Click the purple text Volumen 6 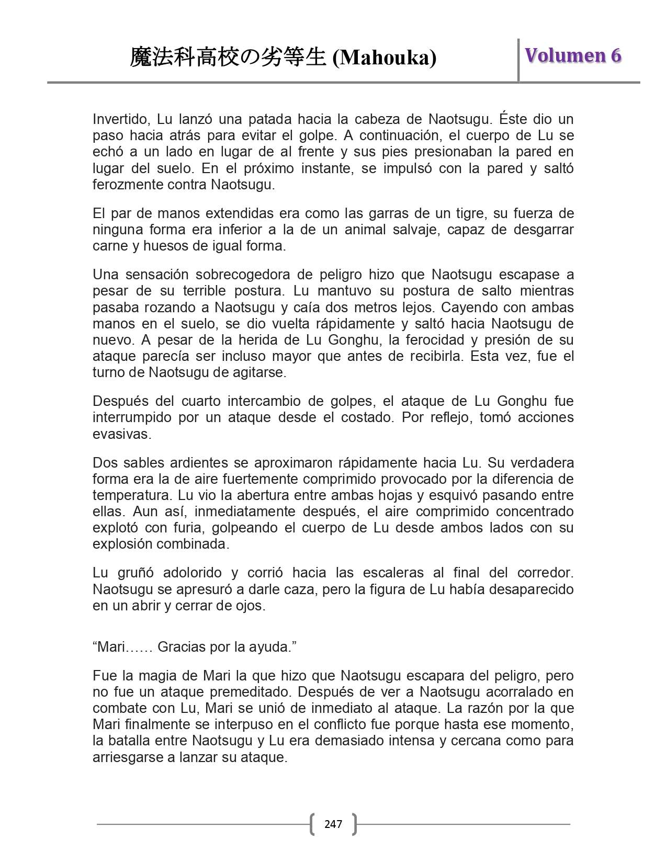click(x=573, y=55)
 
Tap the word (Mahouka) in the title click(x=385, y=58)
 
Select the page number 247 click(x=333, y=824)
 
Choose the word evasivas click(x=122, y=434)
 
